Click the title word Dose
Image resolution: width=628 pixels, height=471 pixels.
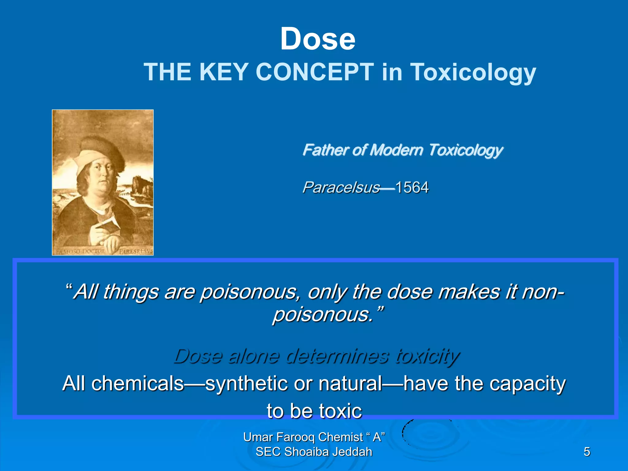318,39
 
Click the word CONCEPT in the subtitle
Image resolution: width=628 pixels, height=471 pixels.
314,72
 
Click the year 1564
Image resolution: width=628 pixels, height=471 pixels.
412,187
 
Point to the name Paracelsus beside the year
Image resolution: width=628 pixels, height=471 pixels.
341,187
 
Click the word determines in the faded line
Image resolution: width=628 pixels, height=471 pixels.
337,357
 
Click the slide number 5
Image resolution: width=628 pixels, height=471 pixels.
587,452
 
